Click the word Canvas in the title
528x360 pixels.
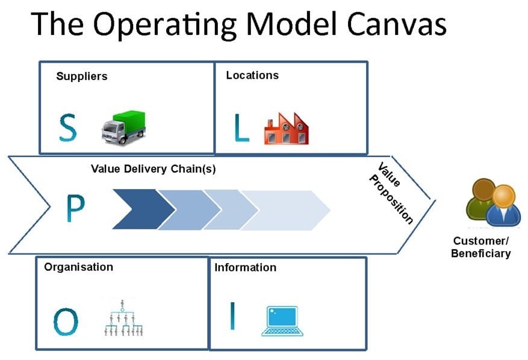[x=396, y=24]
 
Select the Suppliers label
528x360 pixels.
[x=82, y=76]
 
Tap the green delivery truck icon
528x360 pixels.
[x=123, y=127]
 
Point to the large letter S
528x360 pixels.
[x=67, y=127]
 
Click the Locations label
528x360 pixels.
[x=252, y=75]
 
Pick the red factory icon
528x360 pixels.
[x=286, y=129]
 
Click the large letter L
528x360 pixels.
[x=241, y=127]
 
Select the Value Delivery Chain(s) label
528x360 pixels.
[x=153, y=169]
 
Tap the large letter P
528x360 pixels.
[x=75, y=208]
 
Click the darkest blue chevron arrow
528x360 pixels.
[x=144, y=209]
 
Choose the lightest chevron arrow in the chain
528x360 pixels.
[x=285, y=211]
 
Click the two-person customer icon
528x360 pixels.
[x=494, y=202]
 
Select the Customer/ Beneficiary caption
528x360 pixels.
[x=481, y=247]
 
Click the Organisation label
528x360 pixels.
[x=78, y=267]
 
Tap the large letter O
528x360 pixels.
[x=66, y=321]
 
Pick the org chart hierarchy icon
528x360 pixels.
[x=123, y=318]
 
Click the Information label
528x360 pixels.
[x=246, y=267]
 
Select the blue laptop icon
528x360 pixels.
[x=282, y=321]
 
